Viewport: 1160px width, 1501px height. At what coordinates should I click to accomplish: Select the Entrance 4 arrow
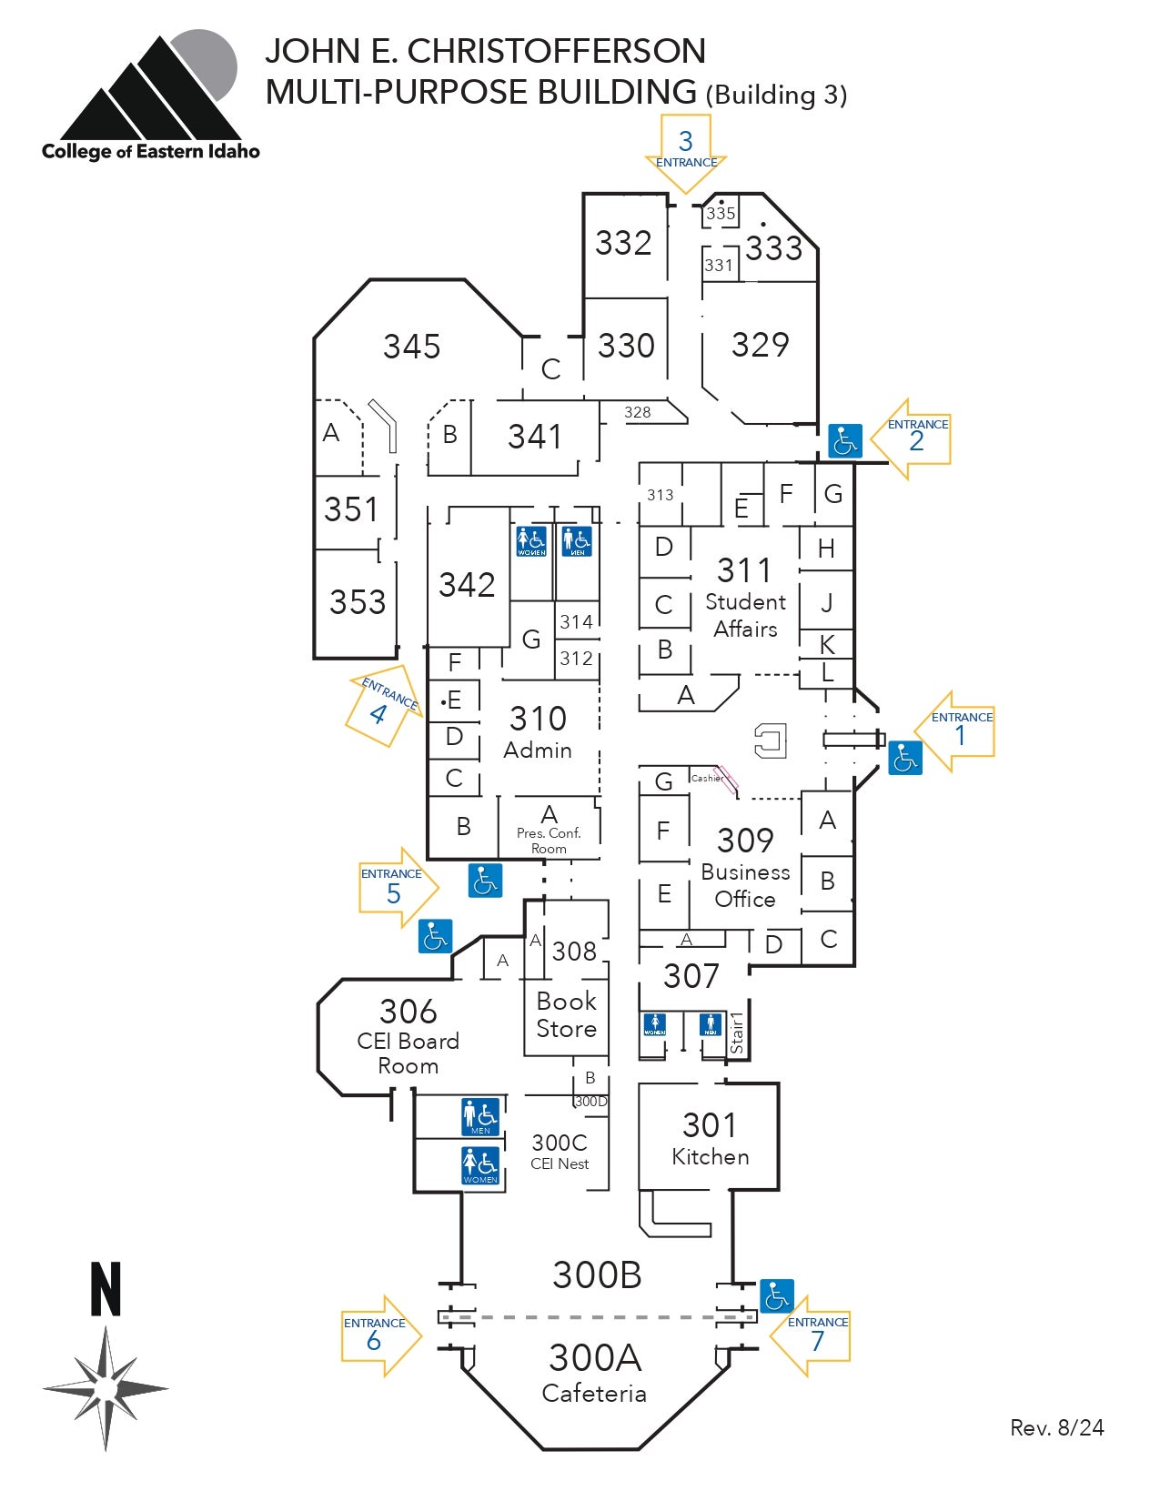382,707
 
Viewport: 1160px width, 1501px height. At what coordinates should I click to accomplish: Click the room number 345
411,347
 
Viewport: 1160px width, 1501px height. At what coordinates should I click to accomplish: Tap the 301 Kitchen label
710,1139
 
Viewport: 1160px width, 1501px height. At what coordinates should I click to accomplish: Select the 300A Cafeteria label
595,1371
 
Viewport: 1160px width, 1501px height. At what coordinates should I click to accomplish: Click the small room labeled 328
638,412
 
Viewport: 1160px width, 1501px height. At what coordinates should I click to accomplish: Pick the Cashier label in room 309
707,778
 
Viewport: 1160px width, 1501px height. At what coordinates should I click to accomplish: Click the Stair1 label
737,1033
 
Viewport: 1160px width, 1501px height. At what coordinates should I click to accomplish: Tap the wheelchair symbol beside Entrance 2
845,441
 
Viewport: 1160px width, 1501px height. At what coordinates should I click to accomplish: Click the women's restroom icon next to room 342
531,541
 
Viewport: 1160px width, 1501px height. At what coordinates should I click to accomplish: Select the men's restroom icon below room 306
480,1117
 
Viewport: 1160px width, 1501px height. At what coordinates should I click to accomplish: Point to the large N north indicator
106,1289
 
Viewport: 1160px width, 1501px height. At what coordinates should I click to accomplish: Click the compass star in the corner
106,1389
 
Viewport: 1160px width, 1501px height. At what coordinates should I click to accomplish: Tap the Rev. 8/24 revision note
1056,1427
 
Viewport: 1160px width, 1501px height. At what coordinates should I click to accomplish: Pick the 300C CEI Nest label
560,1151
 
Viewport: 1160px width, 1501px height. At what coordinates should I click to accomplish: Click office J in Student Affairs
826,601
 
